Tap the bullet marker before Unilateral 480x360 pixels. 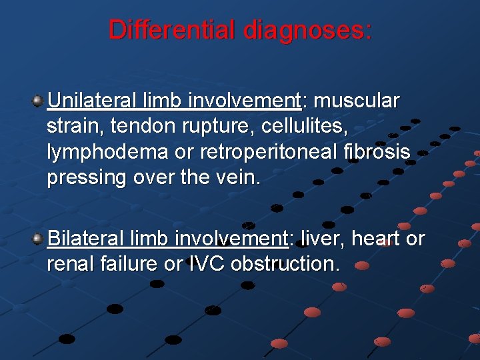38,101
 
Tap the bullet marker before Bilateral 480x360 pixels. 38,239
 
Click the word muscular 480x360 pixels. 357,101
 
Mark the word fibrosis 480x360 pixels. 378,151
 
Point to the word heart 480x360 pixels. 375,238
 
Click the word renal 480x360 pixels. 69,263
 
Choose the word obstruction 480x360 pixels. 285,263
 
